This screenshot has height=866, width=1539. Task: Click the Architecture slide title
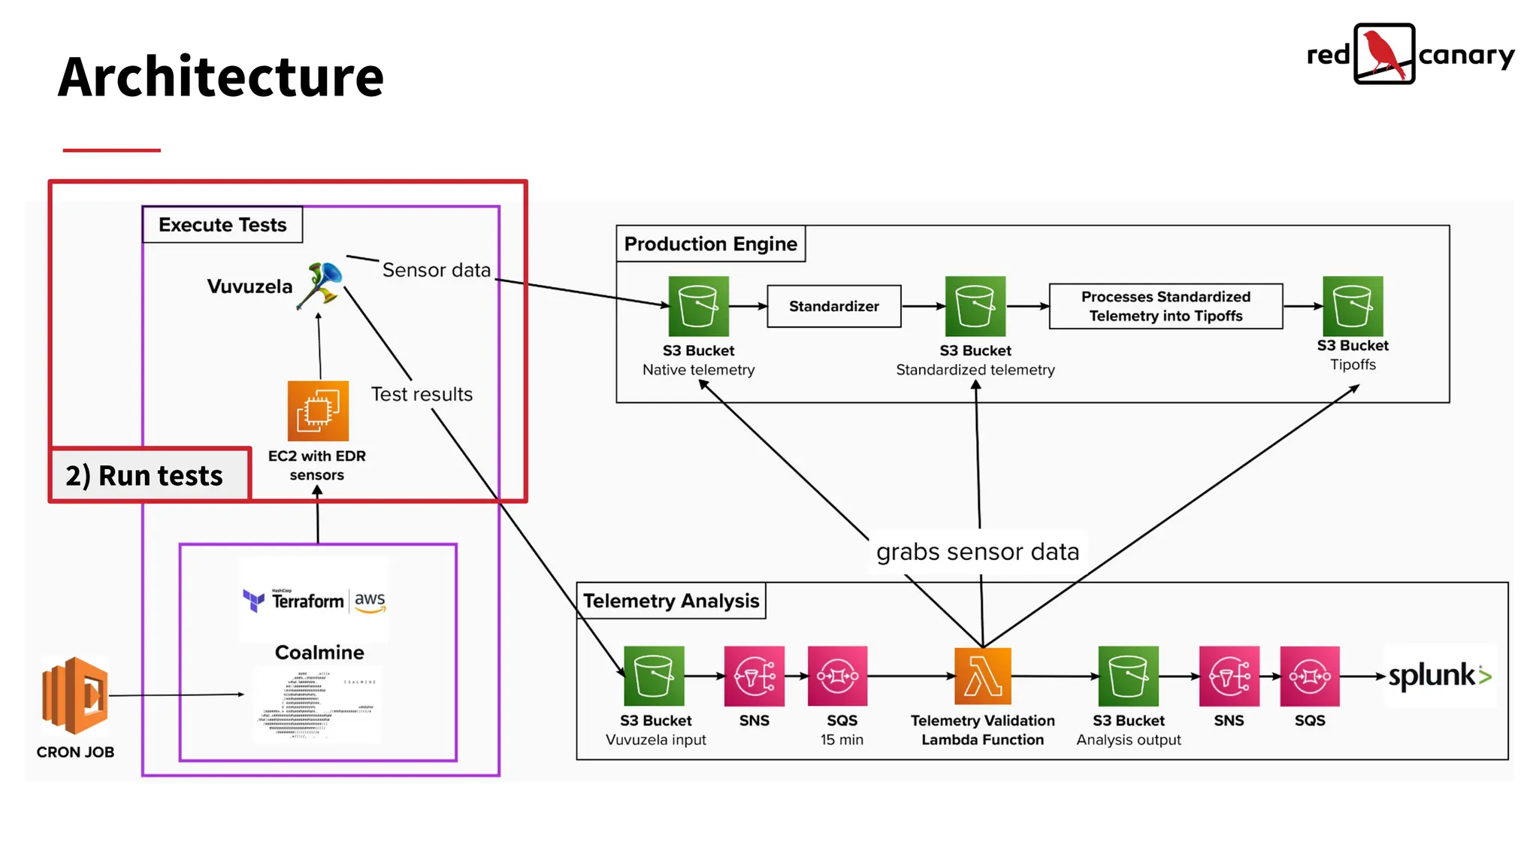point(221,77)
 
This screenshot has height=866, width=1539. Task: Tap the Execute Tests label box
point(222,225)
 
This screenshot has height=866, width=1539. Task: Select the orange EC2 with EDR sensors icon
point(318,411)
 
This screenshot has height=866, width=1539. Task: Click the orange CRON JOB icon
point(75,695)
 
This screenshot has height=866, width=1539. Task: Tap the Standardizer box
point(833,306)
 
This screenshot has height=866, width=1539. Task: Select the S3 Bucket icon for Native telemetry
point(698,306)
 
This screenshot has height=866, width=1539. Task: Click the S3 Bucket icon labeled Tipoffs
point(1352,306)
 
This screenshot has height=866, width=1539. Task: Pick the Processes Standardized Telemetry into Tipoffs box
point(1166,306)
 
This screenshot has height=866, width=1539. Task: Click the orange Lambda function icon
point(982,676)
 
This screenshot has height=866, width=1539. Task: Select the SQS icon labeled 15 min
point(837,676)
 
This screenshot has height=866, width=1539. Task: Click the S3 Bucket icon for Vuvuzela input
point(654,676)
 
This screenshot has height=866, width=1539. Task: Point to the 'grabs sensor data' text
point(977,552)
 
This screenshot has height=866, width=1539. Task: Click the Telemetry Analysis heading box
point(671,601)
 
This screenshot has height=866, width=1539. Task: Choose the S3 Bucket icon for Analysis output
point(1128,676)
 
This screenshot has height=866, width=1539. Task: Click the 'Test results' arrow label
point(422,394)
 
